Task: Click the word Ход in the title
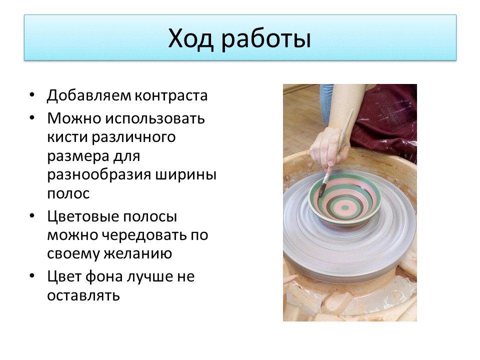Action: (190, 39)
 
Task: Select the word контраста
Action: (171, 96)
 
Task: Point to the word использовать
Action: (155, 118)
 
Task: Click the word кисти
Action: (67, 137)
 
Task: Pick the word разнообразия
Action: (99, 175)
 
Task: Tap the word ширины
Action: (186, 175)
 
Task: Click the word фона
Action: (104, 276)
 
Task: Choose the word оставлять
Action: (83, 295)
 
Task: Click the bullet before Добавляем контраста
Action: (32, 95)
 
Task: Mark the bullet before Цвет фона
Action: (32, 276)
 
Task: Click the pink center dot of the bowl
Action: (345, 208)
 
